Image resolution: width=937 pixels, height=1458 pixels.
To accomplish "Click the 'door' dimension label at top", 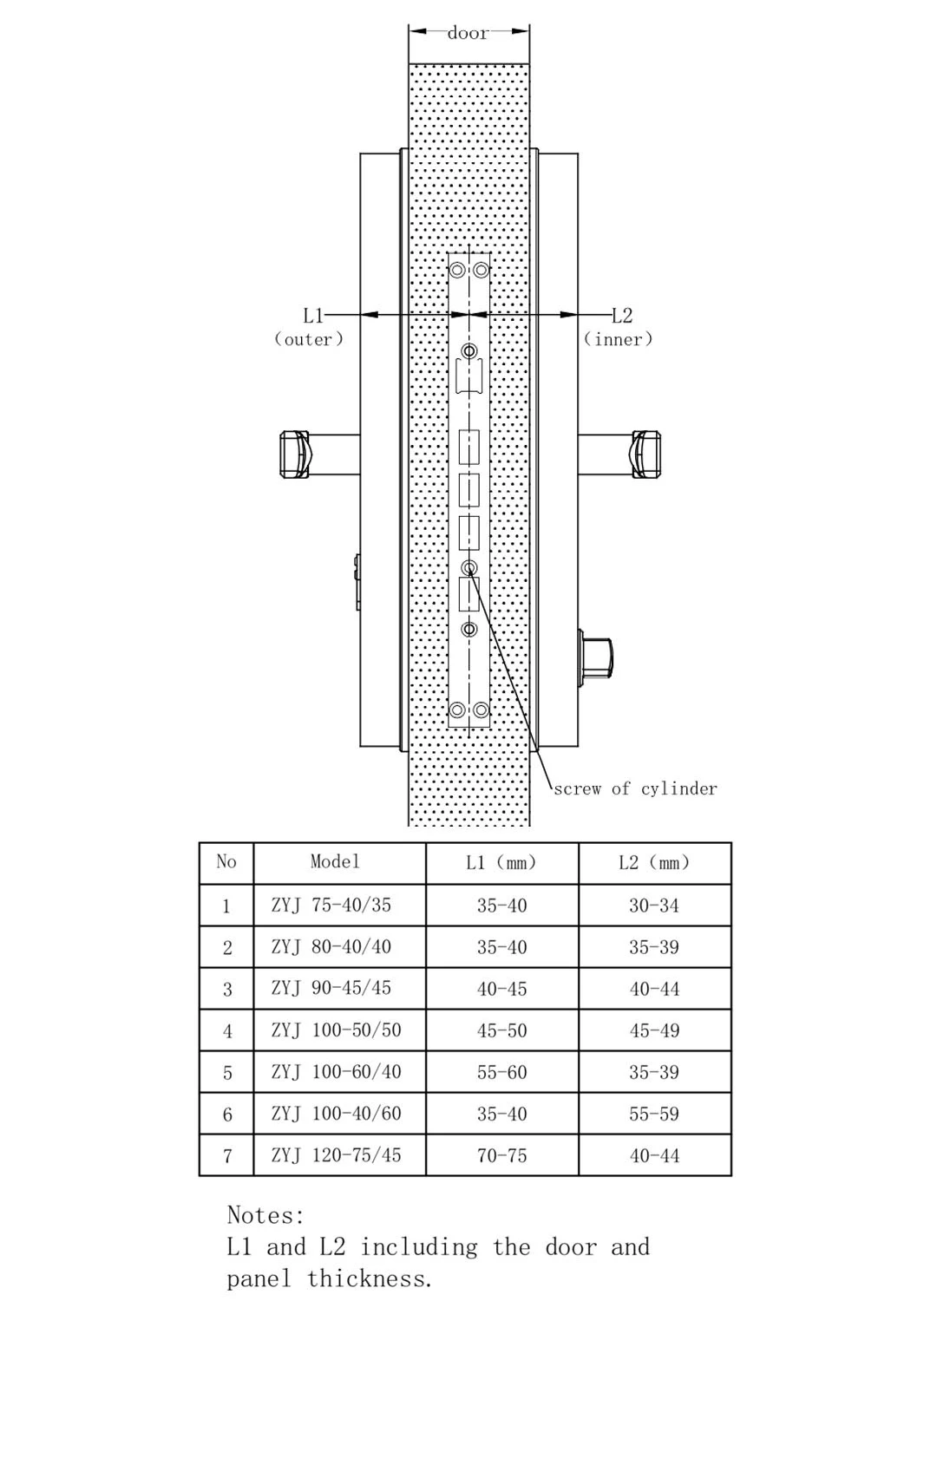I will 468,33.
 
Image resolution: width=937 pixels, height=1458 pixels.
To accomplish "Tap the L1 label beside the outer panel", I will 312,316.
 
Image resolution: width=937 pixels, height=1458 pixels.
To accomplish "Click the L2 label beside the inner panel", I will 622,316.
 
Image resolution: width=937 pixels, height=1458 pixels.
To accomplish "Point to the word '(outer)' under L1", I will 309,339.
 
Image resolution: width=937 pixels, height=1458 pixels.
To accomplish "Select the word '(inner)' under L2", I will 618,339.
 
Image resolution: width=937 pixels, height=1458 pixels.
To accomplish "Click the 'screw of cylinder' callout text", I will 635,788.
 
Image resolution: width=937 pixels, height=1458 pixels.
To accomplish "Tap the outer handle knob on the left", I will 294,454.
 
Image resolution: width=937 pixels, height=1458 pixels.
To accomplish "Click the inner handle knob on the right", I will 645,454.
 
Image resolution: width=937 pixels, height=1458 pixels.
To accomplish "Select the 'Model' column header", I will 335,861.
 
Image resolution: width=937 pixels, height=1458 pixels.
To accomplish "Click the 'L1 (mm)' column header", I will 501,862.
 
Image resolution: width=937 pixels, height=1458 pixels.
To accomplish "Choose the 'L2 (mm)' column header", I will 654,862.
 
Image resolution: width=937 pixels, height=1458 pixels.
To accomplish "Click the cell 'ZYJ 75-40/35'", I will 331,905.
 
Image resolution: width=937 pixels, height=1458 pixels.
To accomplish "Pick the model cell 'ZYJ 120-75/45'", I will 337,1154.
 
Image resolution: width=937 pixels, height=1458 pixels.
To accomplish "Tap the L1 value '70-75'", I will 501,1155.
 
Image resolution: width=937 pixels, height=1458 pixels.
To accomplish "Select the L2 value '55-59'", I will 654,1114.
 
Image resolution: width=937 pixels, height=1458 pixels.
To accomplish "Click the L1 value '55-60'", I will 501,1072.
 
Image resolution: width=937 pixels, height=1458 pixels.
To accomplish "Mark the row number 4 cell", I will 227,1030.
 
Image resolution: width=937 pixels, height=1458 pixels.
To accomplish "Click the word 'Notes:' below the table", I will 265,1215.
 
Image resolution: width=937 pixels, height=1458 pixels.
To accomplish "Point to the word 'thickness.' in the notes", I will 370,1278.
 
